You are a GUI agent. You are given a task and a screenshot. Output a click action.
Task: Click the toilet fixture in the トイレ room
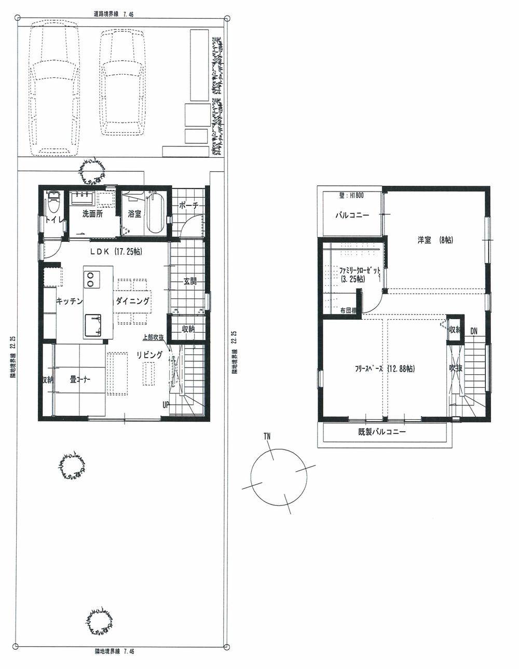coord(53,204)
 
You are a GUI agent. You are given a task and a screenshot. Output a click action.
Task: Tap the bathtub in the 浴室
coord(155,213)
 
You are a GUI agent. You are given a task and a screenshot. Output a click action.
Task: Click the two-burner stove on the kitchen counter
coord(90,279)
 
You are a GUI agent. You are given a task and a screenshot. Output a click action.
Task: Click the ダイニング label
coord(132,302)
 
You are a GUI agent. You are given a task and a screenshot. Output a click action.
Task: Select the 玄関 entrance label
coord(190,282)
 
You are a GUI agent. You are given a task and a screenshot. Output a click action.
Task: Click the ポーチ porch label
coord(189,206)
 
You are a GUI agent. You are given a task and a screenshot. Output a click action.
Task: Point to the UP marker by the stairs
coord(166,405)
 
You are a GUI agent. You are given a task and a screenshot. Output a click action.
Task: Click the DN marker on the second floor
coord(474,331)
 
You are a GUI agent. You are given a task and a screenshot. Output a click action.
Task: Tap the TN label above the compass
coord(267,437)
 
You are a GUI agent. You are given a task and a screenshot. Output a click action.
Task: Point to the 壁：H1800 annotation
coord(352,196)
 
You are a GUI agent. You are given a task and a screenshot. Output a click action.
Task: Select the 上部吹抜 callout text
coord(154,337)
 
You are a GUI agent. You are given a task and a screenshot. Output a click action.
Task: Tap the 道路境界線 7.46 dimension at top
coord(114,15)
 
